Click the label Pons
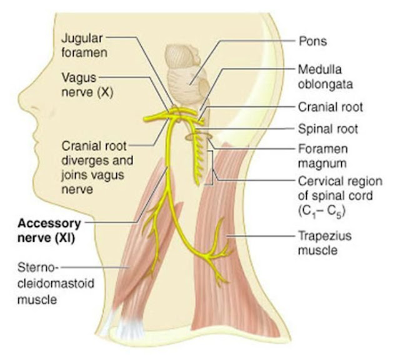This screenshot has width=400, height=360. pos(312,41)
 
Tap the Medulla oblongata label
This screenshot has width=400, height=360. pos(325,77)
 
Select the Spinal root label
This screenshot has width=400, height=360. pos(328,129)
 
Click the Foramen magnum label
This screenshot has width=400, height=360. pos(322,156)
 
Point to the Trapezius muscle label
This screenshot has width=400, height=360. pos(325,243)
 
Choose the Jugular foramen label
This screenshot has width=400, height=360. pos(84,46)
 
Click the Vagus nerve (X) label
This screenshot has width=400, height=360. pos(87,85)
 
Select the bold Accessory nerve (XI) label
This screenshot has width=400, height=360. pos(49,231)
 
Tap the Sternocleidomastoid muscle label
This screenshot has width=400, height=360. pos(56,284)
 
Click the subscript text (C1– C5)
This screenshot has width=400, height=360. pos(322,212)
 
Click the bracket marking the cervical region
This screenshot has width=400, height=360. pos(211,167)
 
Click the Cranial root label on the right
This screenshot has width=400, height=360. pos(331,107)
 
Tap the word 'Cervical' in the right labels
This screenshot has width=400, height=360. pos(320,181)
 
